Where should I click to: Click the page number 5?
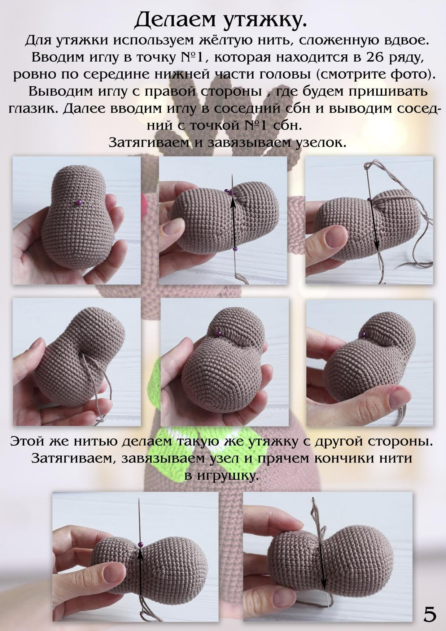tap(429, 614)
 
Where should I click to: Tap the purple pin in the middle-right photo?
tap(364, 334)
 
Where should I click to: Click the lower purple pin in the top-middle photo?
tap(235, 249)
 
